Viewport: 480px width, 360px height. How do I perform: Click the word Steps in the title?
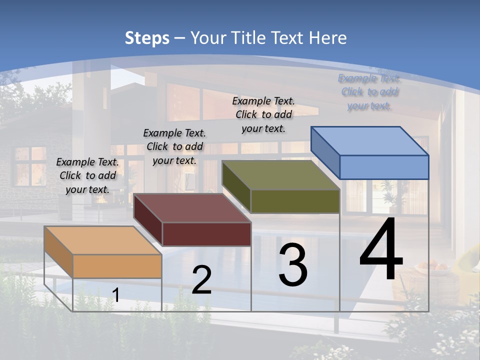(147, 38)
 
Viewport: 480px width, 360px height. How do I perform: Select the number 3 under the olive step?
(293, 265)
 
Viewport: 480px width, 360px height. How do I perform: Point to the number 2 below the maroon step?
(202, 280)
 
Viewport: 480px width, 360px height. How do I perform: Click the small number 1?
(116, 295)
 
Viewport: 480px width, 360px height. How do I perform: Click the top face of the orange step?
(103, 240)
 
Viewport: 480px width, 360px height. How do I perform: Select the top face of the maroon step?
(192, 208)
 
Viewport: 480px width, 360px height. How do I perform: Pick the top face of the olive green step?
(281, 175)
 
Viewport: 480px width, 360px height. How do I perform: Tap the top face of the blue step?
(370, 141)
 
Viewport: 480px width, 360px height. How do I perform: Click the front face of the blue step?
(384, 167)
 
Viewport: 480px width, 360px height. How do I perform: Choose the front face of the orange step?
(117, 266)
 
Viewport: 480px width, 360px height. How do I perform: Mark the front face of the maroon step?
(206, 234)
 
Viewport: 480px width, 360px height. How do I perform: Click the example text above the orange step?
(87, 175)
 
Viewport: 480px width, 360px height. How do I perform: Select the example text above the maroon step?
(174, 146)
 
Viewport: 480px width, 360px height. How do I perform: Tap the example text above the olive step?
(263, 114)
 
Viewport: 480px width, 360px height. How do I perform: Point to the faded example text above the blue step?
(369, 92)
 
